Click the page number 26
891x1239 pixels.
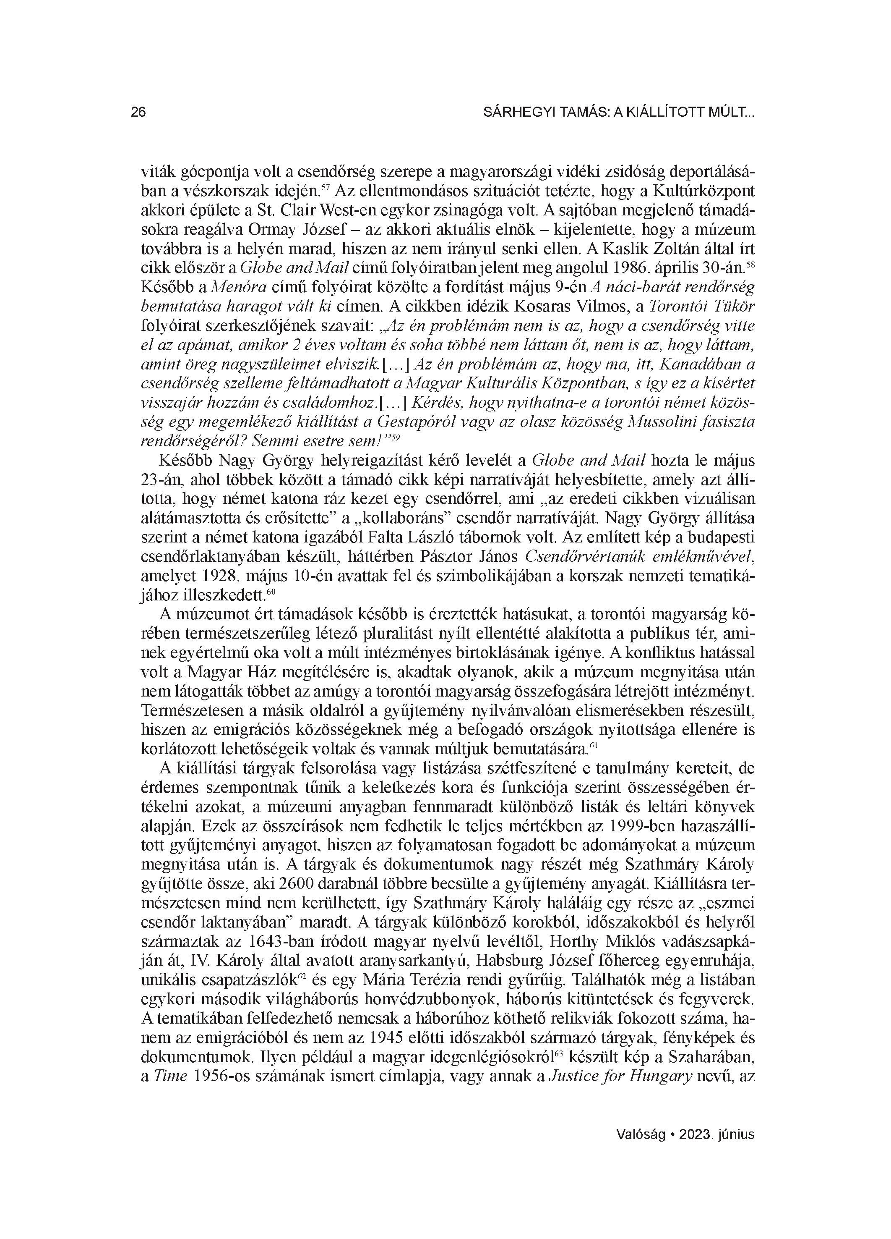[x=138, y=113]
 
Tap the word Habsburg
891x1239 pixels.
[x=523, y=960]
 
